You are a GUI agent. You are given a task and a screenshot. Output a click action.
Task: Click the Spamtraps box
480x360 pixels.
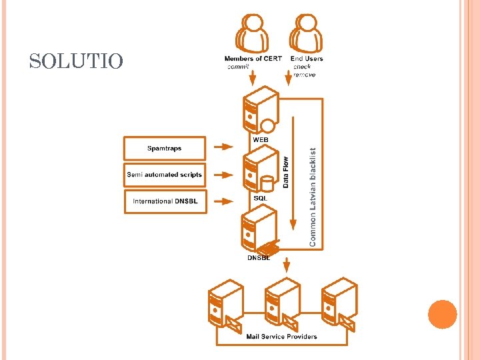click(x=165, y=148)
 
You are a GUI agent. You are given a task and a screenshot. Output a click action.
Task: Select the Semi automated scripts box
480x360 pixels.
click(x=165, y=175)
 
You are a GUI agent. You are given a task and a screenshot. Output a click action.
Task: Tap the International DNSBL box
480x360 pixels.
click(x=165, y=201)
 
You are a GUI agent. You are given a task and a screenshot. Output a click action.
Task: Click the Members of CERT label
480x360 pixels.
click(x=253, y=59)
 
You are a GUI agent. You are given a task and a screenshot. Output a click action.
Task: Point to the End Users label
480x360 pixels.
click(x=307, y=59)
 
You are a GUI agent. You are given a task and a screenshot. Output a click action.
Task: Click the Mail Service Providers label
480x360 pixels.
click(x=281, y=337)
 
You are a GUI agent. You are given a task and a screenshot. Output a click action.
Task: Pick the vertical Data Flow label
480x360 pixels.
click(x=286, y=171)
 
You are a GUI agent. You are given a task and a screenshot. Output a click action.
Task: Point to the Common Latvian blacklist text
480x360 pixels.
click(x=313, y=197)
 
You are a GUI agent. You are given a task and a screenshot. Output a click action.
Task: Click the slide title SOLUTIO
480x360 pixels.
click(x=76, y=62)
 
